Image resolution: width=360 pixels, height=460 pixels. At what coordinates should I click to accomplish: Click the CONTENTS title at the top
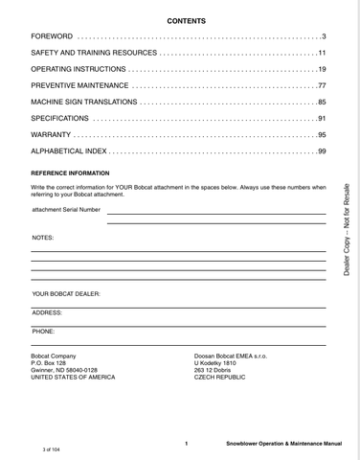click(186, 20)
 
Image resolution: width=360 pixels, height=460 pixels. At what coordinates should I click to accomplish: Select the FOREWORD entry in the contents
click(53, 37)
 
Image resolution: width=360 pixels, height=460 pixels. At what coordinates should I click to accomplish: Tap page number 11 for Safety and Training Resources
click(323, 53)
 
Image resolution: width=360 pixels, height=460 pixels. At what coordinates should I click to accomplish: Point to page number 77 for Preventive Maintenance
click(323, 85)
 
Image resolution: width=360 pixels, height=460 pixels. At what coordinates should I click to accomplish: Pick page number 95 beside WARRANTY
click(323, 134)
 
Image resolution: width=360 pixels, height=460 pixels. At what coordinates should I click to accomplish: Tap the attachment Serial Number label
click(66, 209)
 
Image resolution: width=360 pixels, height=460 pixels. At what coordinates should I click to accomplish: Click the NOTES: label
click(43, 236)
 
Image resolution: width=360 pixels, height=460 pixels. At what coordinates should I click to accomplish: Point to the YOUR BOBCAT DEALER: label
click(66, 293)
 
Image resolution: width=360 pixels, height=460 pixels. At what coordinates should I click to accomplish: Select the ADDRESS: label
click(47, 312)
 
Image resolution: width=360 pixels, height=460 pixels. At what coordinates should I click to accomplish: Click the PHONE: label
click(43, 331)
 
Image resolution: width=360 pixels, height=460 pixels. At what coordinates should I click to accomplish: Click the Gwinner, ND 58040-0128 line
click(65, 369)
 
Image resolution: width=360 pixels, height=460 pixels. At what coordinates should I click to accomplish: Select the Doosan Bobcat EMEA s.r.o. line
click(230, 355)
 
